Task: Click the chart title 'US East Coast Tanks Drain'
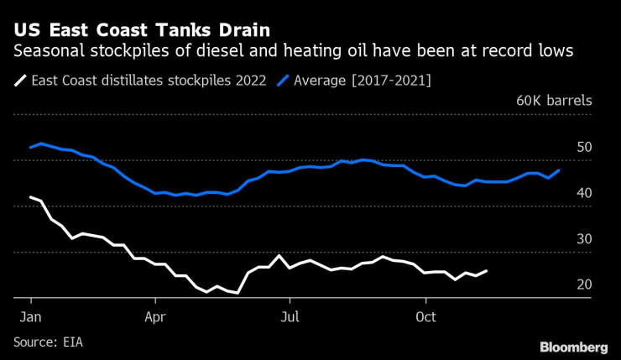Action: point(142,31)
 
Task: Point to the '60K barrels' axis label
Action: point(555,101)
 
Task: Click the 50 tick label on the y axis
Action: point(584,148)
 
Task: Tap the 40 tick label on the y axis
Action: point(584,193)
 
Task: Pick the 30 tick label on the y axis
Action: point(584,239)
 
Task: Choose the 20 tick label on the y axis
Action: point(584,285)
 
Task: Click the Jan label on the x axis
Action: point(31,319)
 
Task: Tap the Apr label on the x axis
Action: point(155,319)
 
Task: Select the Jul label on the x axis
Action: point(289,319)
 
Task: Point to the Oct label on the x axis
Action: point(425,319)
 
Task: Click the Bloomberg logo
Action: point(573,347)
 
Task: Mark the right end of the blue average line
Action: point(560,170)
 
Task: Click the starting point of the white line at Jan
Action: point(31,197)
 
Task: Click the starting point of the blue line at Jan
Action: point(31,147)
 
